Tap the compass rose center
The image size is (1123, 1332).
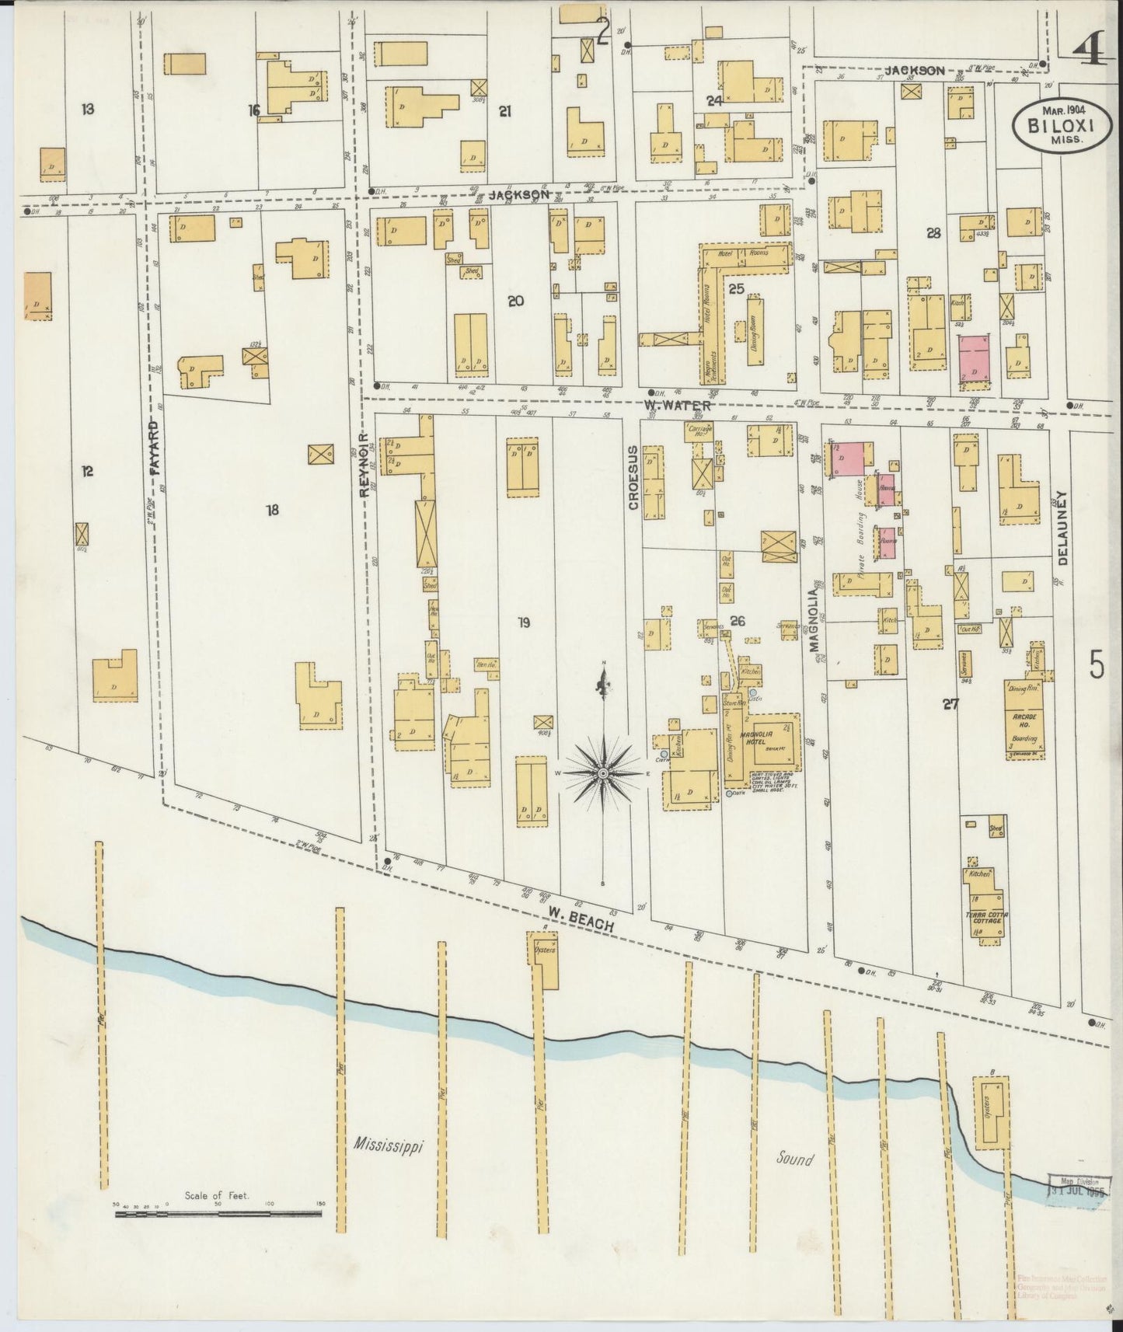(x=602, y=775)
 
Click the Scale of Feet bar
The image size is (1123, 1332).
(x=219, y=1233)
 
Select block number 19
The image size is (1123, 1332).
(x=523, y=622)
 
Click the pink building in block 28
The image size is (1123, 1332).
(x=975, y=359)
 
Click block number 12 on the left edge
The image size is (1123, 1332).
(x=87, y=471)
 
